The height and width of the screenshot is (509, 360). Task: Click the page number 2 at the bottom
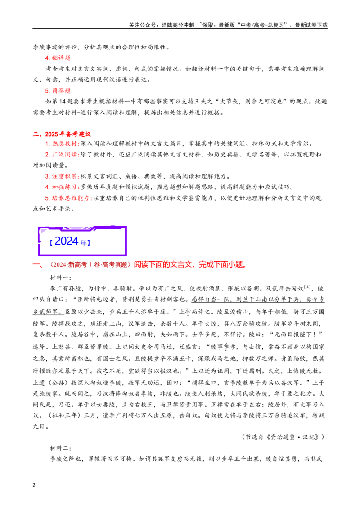pyautogui.click(x=34, y=485)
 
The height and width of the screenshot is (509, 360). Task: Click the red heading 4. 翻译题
pyautogui.click(x=58, y=58)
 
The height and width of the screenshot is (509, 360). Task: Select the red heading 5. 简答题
pyautogui.click(x=58, y=90)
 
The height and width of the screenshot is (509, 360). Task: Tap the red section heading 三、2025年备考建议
pyautogui.click(x=62, y=134)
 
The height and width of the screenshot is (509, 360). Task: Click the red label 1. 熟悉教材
pyautogui.click(x=61, y=143)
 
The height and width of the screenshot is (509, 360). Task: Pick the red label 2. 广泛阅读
pyautogui.click(x=61, y=155)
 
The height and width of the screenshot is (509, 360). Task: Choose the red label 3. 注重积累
pyautogui.click(x=61, y=176)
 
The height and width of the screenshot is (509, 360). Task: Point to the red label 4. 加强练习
pyautogui.click(x=61, y=187)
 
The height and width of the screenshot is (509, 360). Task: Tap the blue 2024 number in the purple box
pyautogui.click(x=67, y=241)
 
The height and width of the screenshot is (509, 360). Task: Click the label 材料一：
pyautogui.click(x=61, y=277)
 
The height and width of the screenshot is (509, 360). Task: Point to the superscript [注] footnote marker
pyautogui.click(x=307, y=287)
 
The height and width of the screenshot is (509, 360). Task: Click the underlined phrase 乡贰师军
pyautogui.click(x=45, y=312)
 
